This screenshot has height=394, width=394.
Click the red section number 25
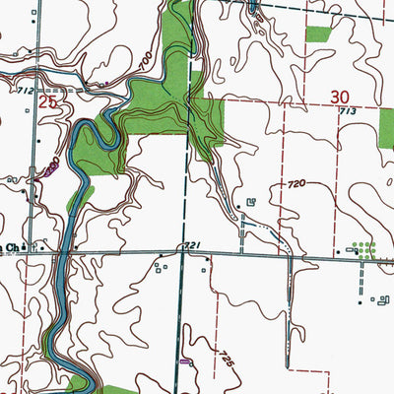tap(45, 100)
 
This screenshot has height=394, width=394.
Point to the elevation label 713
tap(348, 113)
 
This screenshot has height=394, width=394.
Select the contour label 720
tap(297, 184)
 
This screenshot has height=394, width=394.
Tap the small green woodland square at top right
tap(318, 33)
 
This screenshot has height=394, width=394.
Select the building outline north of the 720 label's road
tap(251, 203)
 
